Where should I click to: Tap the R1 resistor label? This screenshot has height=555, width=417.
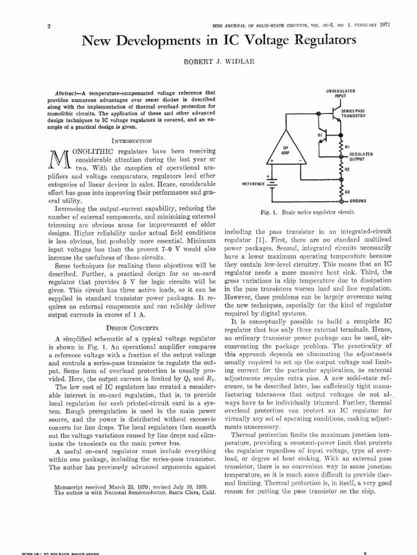[348, 147]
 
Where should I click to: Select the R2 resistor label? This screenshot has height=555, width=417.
[348, 169]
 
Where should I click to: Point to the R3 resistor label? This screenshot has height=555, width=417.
[348, 191]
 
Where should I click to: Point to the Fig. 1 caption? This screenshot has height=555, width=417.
[308, 211]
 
